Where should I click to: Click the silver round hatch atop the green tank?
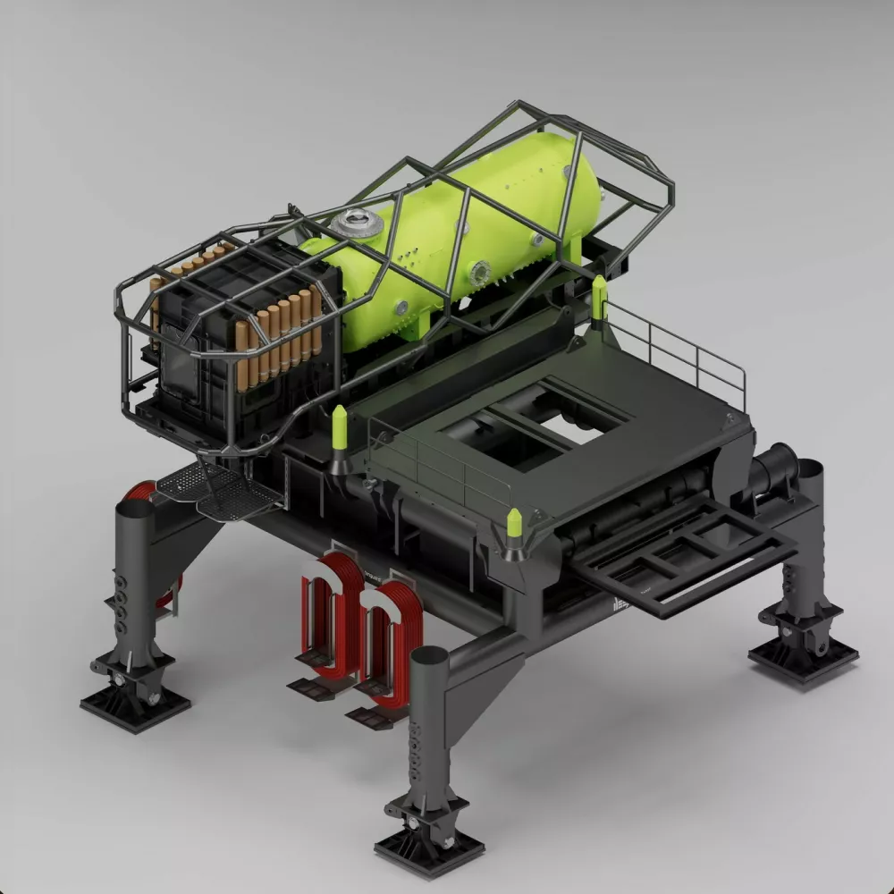[x=358, y=221]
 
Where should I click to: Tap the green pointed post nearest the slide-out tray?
[x=515, y=527]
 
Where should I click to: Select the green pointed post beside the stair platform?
[x=339, y=427]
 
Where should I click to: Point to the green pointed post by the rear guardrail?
[x=599, y=297]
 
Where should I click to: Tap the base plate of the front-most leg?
[x=429, y=845]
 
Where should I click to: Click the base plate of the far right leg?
[x=803, y=657]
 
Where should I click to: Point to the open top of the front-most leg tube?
[x=429, y=657]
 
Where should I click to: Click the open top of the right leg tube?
[x=809, y=468]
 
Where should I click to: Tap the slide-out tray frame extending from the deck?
[x=684, y=559]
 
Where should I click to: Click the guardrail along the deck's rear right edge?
[x=679, y=349]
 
